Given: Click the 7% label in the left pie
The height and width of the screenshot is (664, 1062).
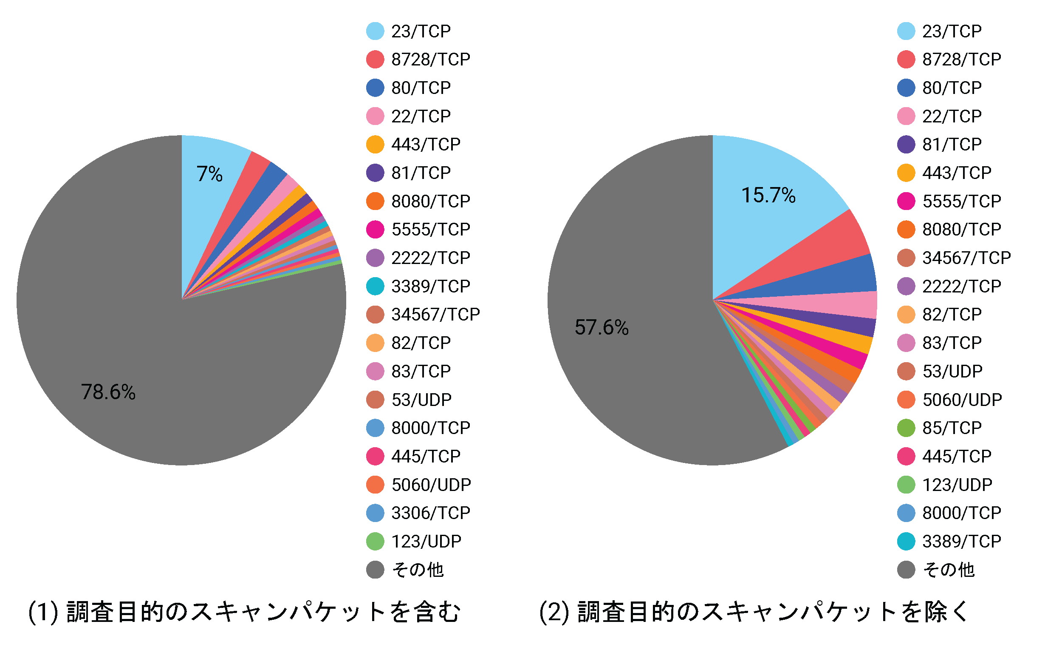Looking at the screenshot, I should click(x=209, y=174).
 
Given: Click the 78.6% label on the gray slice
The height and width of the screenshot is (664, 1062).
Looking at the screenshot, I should click(x=108, y=392).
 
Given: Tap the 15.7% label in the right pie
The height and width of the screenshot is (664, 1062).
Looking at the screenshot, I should click(x=768, y=196).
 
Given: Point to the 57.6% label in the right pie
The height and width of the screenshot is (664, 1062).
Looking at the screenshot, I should click(x=601, y=328).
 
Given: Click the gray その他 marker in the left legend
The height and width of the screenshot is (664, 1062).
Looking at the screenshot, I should click(x=375, y=570).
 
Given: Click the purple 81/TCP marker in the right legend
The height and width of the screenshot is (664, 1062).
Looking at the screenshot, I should click(x=906, y=145).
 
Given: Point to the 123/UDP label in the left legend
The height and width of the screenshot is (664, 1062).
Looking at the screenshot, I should click(x=426, y=542).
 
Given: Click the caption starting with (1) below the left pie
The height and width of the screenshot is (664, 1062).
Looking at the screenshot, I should click(x=244, y=612).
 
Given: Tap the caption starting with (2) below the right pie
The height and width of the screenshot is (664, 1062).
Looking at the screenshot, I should click(x=753, y=612).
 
